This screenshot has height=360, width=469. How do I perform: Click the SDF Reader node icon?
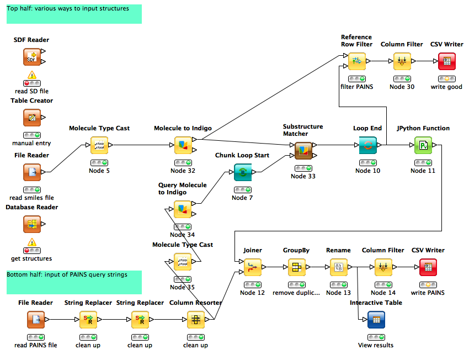32,57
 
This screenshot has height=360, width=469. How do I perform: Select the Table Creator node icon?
32,118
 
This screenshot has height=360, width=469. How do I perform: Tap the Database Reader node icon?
32,224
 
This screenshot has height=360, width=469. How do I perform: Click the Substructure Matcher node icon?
303,150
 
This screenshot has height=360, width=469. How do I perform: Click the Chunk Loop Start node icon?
243,172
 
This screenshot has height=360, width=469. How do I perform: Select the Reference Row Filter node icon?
356,61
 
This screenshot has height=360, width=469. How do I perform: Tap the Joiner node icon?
253,267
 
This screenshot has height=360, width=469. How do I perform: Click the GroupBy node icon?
297,267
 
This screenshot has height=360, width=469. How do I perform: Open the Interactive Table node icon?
376,320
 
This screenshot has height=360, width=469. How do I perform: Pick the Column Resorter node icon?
196,320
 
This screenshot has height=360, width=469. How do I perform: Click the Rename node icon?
338,267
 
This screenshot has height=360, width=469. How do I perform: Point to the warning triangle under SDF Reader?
32,75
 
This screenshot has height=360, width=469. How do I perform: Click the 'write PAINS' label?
428,293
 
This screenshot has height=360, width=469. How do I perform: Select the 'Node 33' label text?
303,176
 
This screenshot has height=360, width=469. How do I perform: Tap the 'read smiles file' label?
32,198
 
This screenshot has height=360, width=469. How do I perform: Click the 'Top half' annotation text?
68,9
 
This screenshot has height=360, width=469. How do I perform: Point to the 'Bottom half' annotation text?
67,274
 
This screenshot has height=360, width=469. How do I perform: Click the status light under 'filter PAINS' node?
356,79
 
